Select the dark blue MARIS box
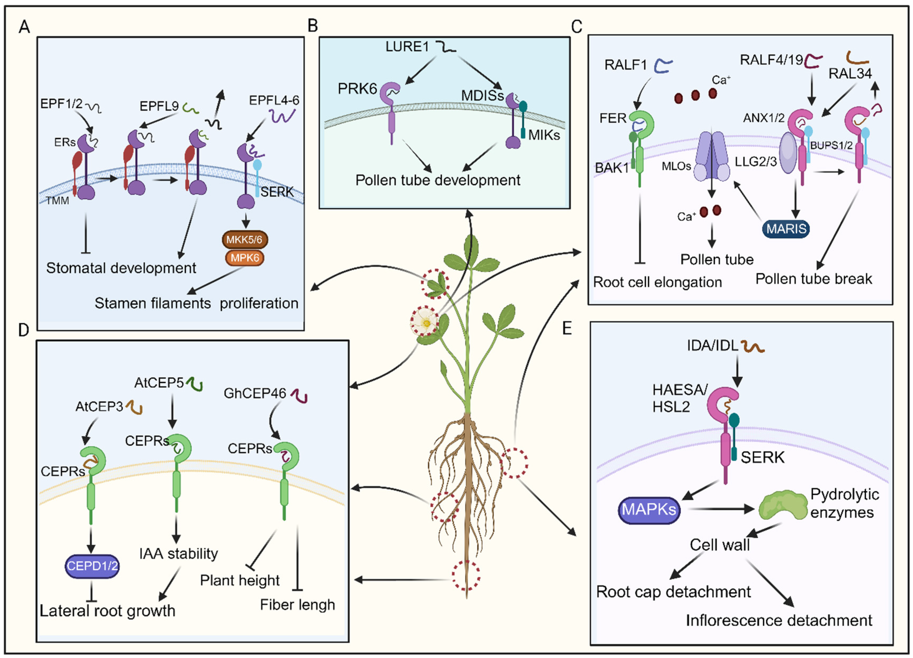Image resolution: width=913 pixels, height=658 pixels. coord(786,229)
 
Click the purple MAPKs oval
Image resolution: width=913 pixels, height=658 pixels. coord(649,510)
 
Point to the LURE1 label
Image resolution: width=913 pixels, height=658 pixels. coord(407,47)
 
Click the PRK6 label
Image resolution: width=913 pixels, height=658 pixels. coord(357,89)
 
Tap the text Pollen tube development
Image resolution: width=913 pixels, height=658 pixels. coord(438,180)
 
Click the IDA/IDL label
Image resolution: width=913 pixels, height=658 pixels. coord(712,345)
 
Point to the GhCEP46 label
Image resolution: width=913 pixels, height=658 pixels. coord(255,393)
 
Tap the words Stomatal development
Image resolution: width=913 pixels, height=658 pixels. coord(121,268)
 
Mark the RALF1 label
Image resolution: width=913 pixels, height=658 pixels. coord(626,65)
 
